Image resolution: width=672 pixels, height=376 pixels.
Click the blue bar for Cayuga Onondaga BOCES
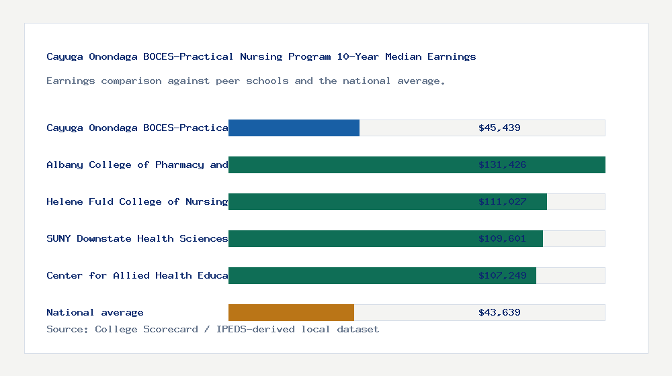[294, 128]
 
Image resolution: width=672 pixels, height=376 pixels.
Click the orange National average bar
[291, 312]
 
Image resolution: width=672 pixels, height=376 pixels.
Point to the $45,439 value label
[499, 128]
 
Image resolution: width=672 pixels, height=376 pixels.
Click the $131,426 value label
[502, 164]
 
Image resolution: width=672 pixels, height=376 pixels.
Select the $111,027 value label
[502, 201]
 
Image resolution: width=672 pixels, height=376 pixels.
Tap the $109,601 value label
[502, 238]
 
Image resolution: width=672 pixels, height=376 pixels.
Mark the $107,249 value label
[502, 275]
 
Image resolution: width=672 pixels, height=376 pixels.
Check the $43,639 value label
[499, 312]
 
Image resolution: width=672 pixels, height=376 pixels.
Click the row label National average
[95, 312]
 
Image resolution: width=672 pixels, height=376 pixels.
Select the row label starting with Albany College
[137, 164]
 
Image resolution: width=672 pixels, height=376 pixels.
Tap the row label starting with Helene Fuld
[137, 201]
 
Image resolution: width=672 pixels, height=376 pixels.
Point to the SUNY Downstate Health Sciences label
[137, 238]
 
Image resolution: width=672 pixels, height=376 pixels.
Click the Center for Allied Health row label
[137, 275]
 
